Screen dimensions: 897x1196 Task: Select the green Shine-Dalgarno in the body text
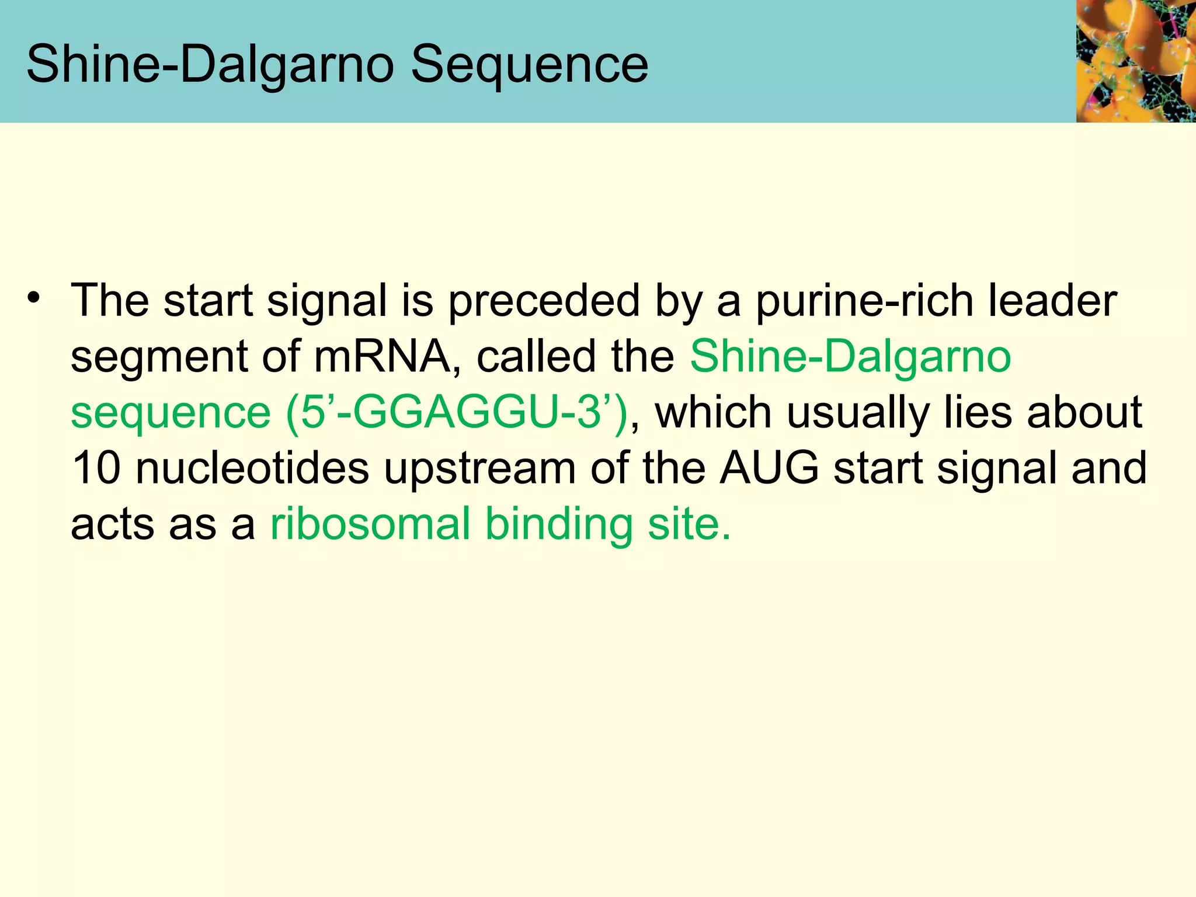click(850, 356)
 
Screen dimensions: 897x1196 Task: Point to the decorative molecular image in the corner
click(1135, 61)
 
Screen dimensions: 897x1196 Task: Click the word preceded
click(544, 301)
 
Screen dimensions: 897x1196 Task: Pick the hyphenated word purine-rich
click(864, 301)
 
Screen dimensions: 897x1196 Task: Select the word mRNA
click(383, 356)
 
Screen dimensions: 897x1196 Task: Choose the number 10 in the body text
click(96, 468)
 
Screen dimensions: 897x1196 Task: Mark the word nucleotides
click(252, 468)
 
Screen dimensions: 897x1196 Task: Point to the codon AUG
click(769, 468)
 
